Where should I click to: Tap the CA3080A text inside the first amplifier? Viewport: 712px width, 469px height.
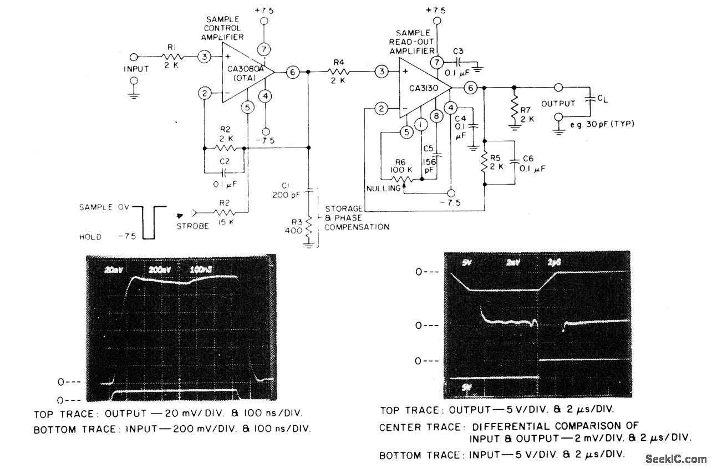245,69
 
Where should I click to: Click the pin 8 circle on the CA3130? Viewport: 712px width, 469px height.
436,116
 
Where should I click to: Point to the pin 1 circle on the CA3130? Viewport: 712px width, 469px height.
421,125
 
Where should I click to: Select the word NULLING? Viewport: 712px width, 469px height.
382,188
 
